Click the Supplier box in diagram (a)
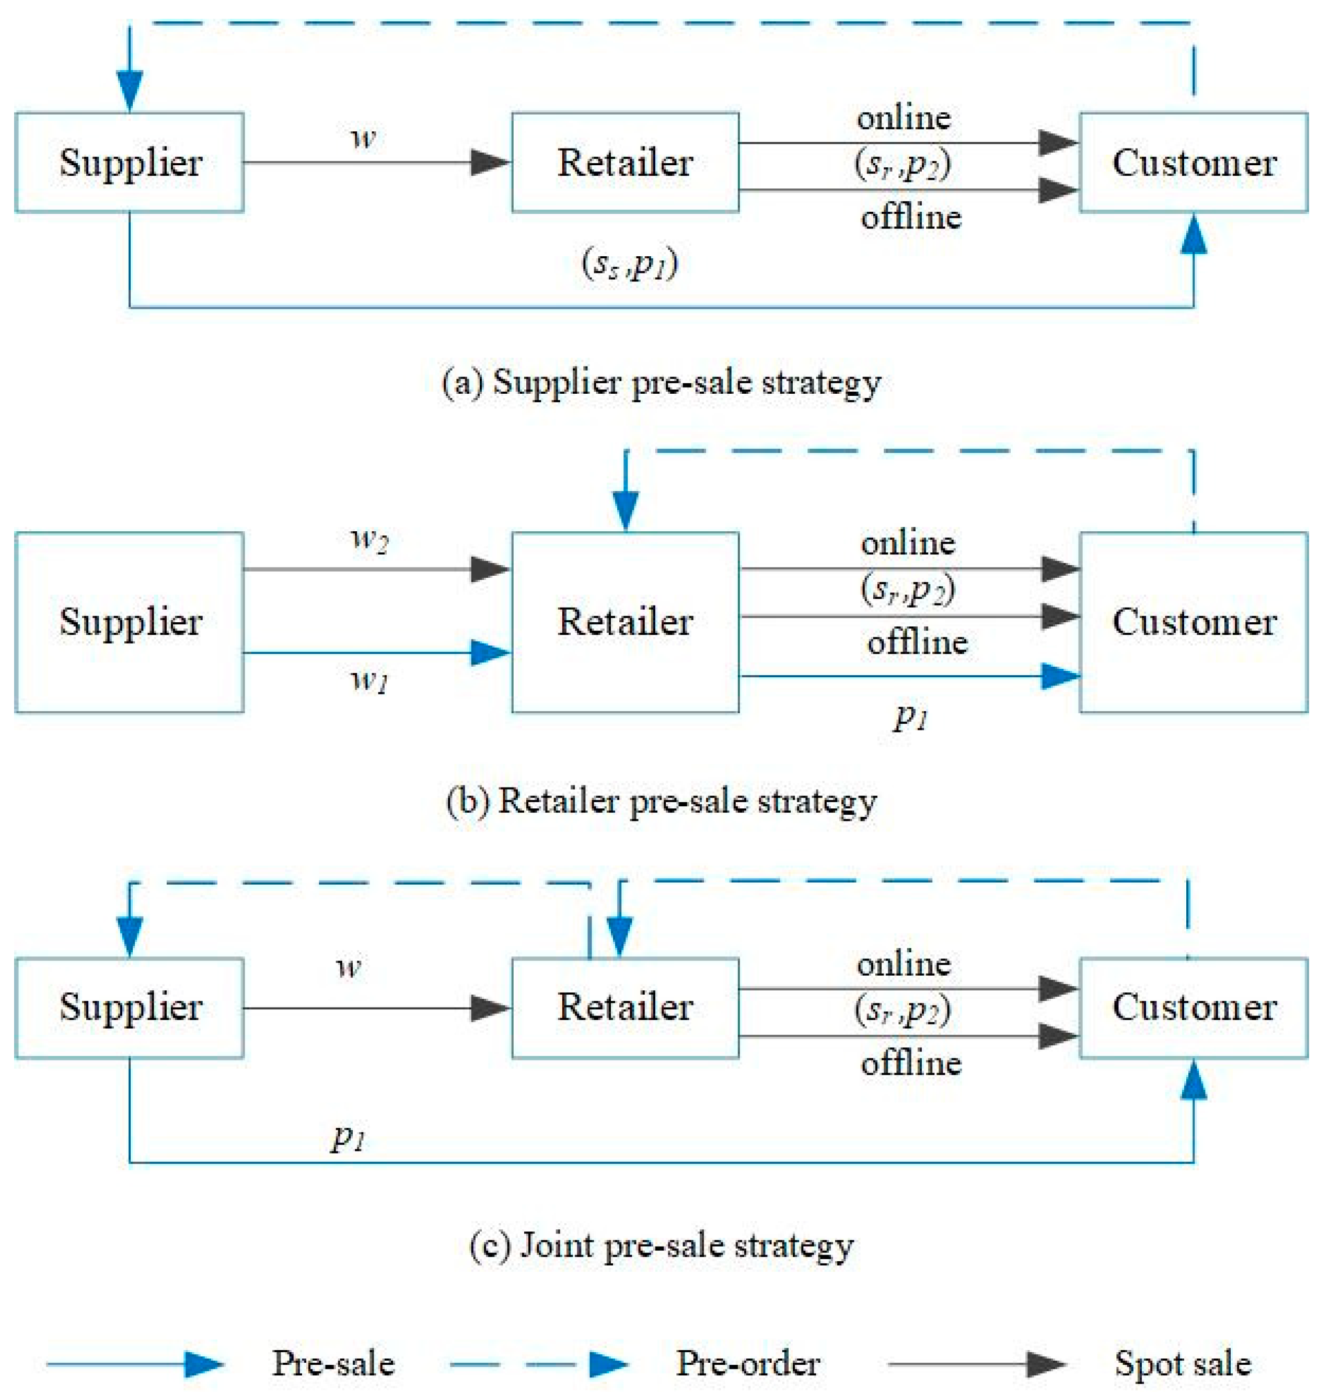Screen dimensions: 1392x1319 [130, 163]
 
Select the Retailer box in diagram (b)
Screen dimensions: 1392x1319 [625, 622]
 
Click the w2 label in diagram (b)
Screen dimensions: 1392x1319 [369, 540]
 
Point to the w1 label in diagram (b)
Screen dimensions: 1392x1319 [369, 680]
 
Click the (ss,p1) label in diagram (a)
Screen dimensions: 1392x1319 [630, 265]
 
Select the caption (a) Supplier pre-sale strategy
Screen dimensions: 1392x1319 [661, 383]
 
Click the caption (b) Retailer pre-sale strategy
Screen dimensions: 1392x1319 [661, 801]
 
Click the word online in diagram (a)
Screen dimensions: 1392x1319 [904, 118]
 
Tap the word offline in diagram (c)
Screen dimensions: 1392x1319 [910, 1063]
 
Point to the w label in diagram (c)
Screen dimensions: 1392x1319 [348, 967]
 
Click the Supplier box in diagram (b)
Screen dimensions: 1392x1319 [130, 622]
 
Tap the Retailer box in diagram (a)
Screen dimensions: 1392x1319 [625, 163]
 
